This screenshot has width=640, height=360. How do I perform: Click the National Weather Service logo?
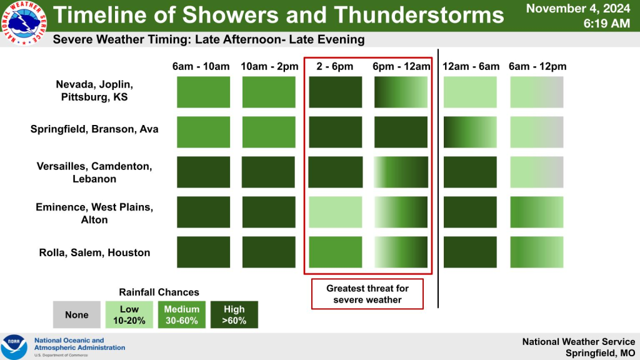click(24, 22)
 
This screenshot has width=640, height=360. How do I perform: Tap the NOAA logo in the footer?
click(14, 347)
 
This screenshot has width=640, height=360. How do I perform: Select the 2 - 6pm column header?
click(335, 66)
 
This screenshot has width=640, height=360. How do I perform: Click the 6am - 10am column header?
click(201, 66)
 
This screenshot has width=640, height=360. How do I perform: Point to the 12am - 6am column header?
click(471, 66)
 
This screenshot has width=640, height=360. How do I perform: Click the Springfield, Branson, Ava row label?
click(94, 129)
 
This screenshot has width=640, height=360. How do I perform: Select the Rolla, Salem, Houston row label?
click(94, 252)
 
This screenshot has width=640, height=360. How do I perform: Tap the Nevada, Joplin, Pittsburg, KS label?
click(94, 91)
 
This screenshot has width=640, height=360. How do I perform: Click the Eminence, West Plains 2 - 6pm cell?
click(336, 212)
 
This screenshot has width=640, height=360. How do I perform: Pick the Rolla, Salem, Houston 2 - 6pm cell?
click(336, 252)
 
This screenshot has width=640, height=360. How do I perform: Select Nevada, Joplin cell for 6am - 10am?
click(203, 92)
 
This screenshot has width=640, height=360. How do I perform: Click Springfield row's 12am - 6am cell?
click(470, 132)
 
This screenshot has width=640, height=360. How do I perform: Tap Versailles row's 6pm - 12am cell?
click(401, 172)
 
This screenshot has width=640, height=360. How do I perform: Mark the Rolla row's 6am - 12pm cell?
click(537, 252)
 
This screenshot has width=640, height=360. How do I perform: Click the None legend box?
click(77, 315)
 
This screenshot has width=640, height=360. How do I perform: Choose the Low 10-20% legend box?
click(129, 315)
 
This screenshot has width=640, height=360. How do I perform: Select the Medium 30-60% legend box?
click(182, 315)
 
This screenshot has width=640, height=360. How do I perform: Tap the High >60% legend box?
click(234, 315)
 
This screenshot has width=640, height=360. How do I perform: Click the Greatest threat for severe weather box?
click(367, 294)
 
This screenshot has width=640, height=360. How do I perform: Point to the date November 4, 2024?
click(578, 8)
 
